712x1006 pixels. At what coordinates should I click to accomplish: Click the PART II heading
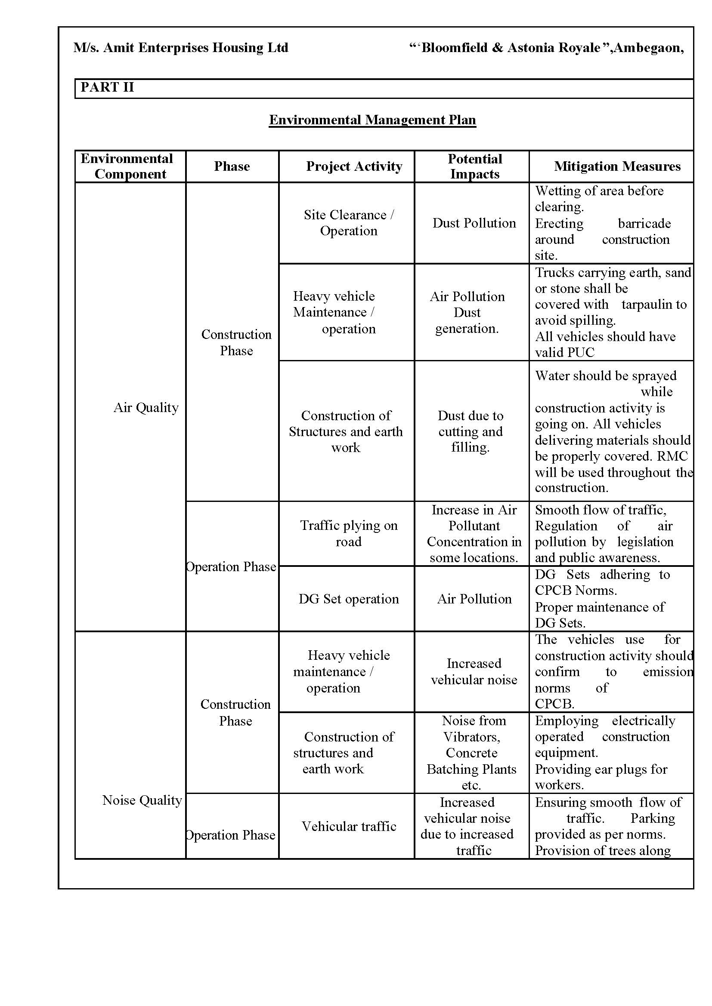coord(107,87)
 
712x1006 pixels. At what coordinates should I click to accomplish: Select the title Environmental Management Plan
coord(372,120)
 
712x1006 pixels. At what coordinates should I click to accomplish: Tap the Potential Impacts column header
coord(474,166)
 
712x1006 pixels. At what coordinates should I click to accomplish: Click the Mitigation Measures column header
coord(617,166)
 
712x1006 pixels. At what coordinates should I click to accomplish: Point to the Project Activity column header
coord(354,166)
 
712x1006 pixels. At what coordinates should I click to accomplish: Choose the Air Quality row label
coord(146,408)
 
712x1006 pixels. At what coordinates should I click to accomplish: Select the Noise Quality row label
coord(142,800)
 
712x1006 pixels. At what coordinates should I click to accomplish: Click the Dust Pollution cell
coord(474,223)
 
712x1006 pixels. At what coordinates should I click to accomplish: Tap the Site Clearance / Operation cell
coord(349,223)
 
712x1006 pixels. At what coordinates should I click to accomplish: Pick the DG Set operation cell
coord(349,599)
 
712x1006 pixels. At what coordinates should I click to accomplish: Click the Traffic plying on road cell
coord(349,533)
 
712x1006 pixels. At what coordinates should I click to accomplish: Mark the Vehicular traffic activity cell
coord(349,826)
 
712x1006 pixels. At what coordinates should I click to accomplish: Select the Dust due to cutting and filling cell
coord(471,431)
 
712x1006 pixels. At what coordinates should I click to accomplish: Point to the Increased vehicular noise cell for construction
coord(474,672)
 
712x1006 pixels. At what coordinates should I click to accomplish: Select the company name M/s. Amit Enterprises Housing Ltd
coord(181,48)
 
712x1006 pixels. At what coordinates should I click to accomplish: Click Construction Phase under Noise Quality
coord(235,712)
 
